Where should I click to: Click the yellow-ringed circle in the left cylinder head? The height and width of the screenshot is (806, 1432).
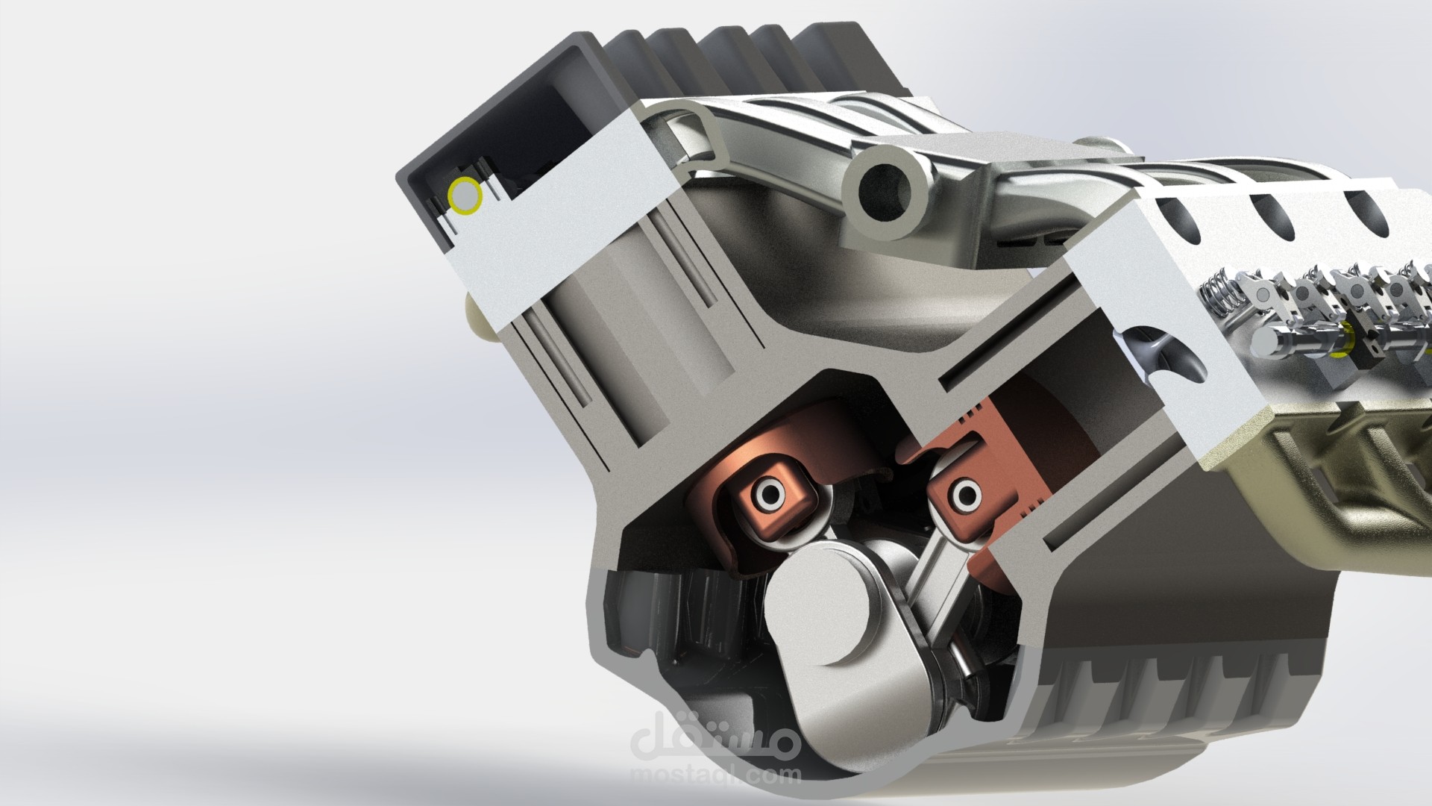click(x=465, y=196)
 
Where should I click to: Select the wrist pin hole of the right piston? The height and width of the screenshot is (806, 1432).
click(x=968, y=493)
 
